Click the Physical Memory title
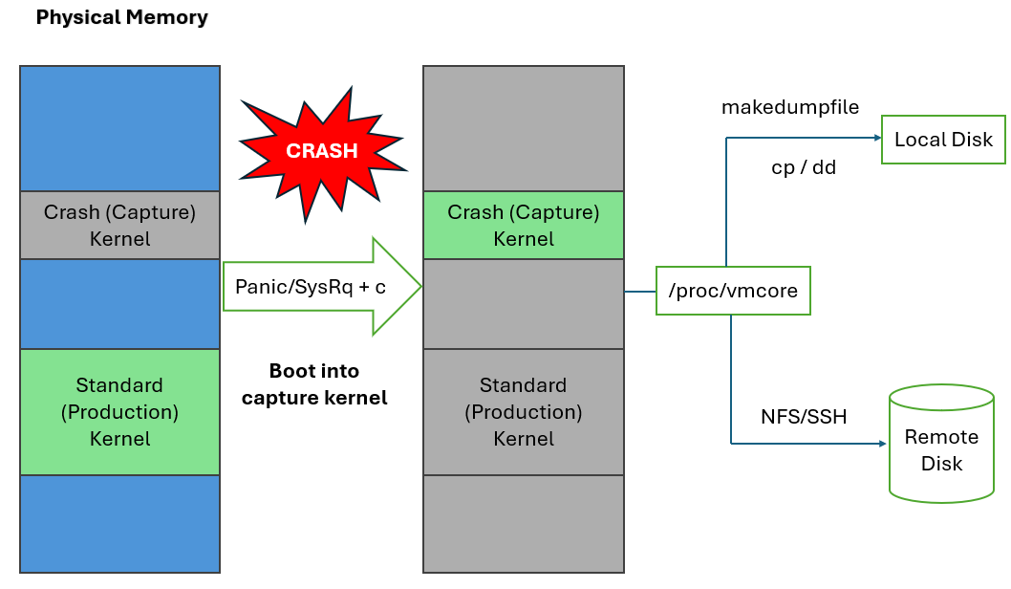(x=121, y=18)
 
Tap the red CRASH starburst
(x=322, y=151)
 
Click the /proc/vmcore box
(x=733, y=291)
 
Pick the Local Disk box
(x=943, y=140)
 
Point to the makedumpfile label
(x=789, y=108)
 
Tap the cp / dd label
(x=803, y=167)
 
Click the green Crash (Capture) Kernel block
(x=523, y=226)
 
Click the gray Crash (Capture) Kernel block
(x=119, y=226)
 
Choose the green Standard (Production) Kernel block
(x=119, y=412)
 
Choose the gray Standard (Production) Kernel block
(x=523, y=412)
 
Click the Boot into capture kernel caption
(x=314, y=384)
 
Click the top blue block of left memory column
(x=119, y=128)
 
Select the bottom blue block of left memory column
(x=119, y=523)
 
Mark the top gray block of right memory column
(x=523, y=128)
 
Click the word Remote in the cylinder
(x=941, y=437)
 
